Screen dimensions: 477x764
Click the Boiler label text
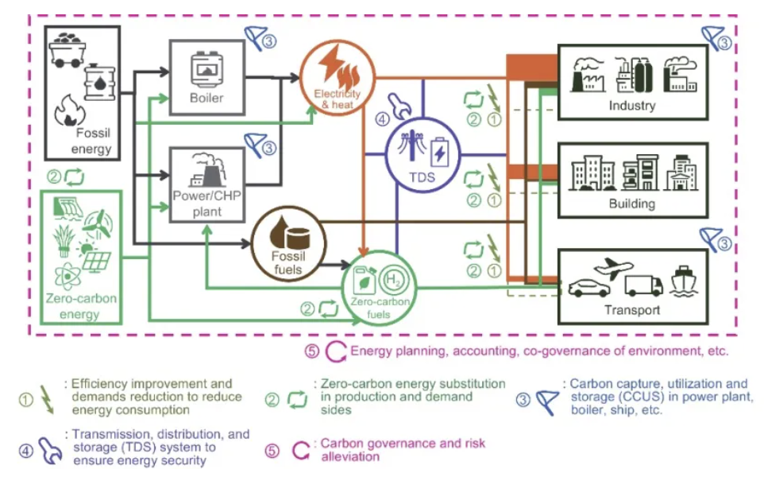coord(206,99)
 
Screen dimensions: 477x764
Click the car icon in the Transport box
coord(589,287)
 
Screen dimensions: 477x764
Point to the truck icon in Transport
coord(643,284)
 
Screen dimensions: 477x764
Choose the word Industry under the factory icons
coord(631,105)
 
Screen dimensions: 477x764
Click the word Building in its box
coord(631,204)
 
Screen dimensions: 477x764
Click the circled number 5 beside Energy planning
coord(312,351)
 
